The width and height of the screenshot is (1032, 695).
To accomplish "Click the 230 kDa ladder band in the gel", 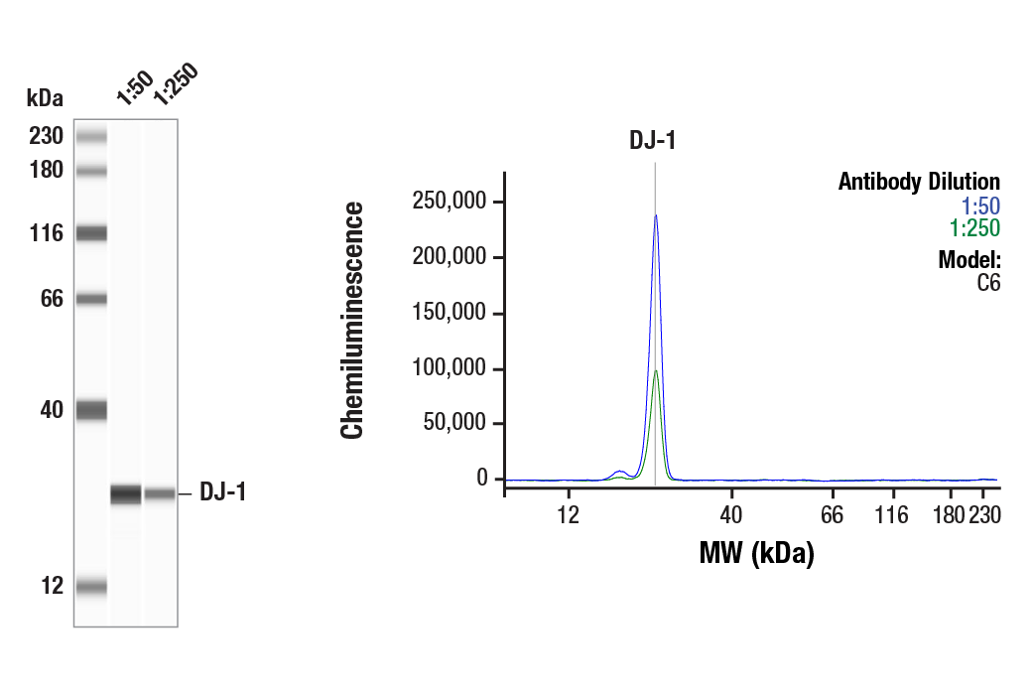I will (91, 136).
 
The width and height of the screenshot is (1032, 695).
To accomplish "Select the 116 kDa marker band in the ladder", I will (91, 233).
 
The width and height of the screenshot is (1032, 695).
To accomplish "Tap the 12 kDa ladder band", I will (91, 587).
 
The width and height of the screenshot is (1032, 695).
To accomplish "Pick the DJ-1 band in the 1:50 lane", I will (126, 493).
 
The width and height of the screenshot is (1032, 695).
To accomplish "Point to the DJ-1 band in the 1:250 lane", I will (160, 493).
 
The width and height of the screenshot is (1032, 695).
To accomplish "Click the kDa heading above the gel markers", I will (45, 97).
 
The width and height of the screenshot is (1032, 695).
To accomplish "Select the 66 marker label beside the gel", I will (52, 299).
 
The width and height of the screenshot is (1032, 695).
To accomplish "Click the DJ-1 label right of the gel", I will (222, 492).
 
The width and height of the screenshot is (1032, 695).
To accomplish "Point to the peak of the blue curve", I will (655, 215).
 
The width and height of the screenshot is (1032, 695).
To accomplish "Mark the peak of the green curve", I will (655, 371).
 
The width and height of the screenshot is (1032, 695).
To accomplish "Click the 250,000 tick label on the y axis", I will (449, 203).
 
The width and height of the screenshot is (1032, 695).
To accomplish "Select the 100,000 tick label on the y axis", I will (449, 369).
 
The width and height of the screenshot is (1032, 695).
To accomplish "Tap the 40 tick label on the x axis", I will (731, 514).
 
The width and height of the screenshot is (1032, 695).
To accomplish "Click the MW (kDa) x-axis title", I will (756, 553).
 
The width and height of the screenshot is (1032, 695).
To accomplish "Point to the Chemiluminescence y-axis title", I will (352, 320).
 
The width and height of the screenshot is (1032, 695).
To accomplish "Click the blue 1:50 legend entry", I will (980, 206).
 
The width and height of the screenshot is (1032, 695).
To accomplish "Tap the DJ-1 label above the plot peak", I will (653, 141).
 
